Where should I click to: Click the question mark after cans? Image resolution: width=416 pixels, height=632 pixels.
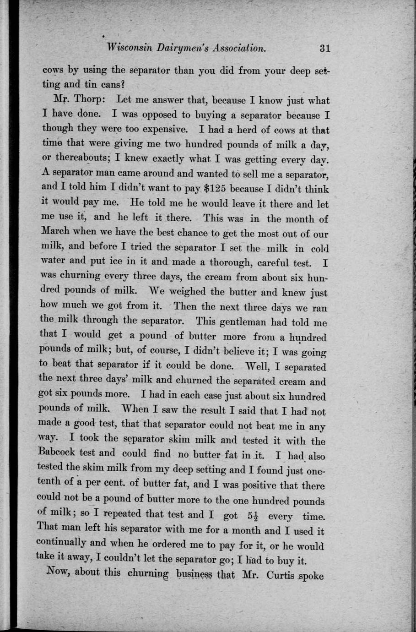123,85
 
